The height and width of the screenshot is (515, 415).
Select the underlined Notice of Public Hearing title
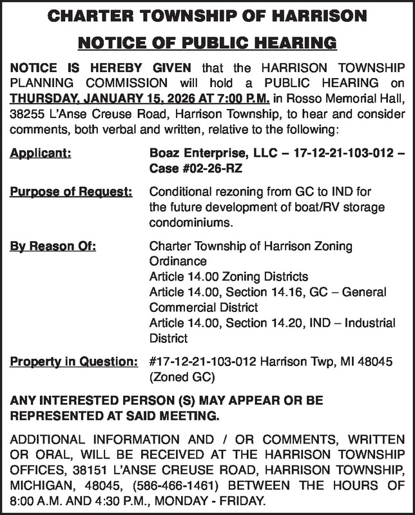point(207,43)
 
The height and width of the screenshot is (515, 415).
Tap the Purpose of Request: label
point(72,193)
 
